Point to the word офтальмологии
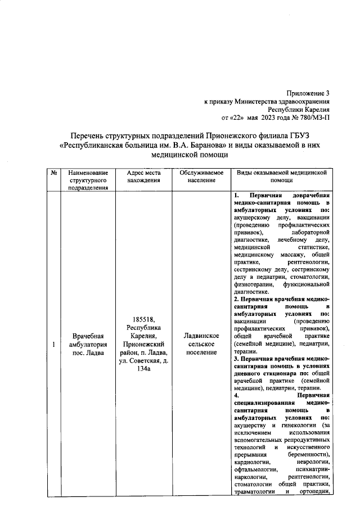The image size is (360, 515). pyautogui.click(x=255, y=468)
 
